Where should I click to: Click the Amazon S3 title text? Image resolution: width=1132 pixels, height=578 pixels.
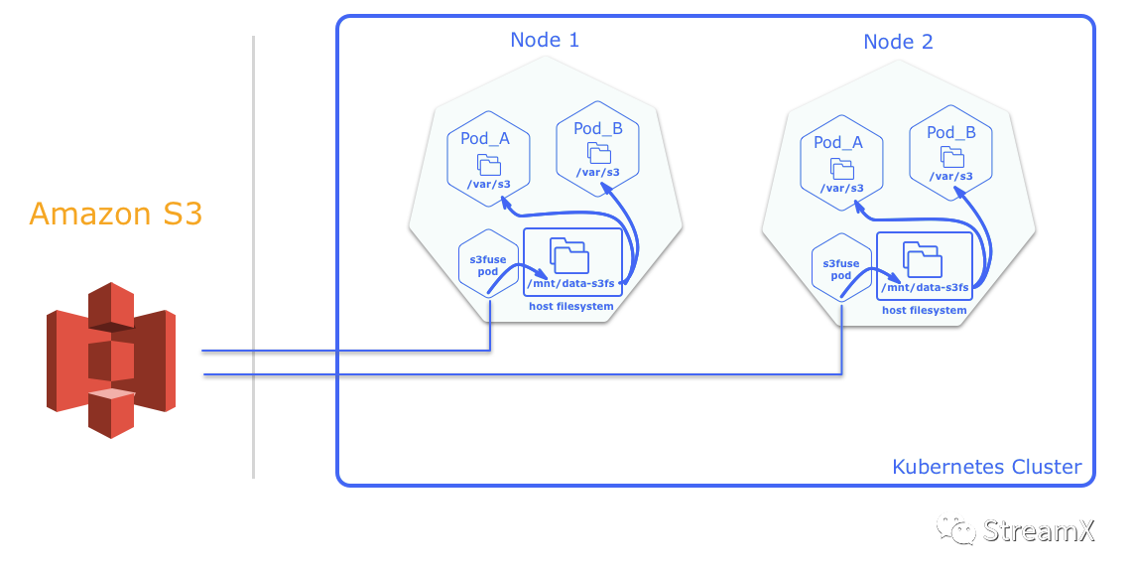(116, 214)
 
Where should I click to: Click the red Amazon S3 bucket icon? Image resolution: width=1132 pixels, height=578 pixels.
(111, 361)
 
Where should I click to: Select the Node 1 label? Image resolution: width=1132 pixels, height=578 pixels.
(545, 40)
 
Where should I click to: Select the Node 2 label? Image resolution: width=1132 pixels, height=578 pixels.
(898, 42)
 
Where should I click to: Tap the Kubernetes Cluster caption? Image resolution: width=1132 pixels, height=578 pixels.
(986, 467)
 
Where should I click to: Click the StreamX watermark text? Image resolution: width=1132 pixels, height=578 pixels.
(1038, 530)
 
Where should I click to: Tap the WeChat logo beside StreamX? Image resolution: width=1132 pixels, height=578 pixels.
(956, 528)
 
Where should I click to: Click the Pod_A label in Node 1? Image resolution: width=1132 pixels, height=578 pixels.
(485, 138)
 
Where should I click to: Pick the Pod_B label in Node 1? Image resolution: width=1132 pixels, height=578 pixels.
(598, 128)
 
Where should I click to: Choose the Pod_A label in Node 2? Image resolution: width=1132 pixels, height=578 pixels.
(838, 142)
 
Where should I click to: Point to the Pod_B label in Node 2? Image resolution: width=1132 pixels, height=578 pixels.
(951, 132)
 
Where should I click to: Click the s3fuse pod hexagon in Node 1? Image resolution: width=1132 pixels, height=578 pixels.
(488, 265)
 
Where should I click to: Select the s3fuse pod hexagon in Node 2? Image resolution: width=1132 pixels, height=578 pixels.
(841, 269)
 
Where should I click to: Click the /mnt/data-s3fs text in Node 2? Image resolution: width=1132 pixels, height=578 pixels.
(925, 289)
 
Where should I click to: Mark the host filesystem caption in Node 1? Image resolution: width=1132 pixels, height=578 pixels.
(570, 307)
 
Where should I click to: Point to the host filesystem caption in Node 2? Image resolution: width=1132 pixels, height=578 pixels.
(924, 311)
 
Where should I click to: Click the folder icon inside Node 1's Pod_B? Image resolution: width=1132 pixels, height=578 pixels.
(598, 152)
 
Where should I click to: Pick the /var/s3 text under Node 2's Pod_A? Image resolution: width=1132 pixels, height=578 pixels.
(841, 188)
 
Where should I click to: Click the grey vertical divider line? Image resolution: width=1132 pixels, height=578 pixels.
(253, 258)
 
